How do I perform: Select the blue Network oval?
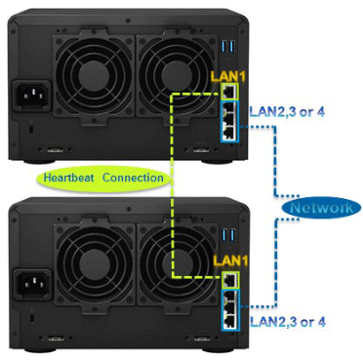point(316,208)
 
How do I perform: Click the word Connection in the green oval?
point(133,178)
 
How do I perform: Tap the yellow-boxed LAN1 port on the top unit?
point(228,91)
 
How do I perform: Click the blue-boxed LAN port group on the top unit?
point(228,121)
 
